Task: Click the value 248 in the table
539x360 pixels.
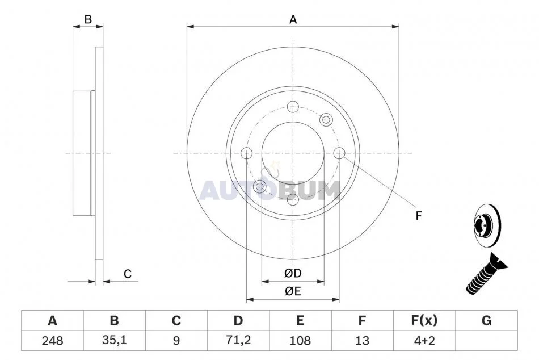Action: pos(52,341)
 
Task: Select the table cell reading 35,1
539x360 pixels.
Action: pos(115,340)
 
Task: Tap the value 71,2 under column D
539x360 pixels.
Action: pos(238,340)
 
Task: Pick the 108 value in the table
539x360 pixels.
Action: pos(300,341)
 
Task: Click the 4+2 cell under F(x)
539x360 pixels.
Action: pos(424,341)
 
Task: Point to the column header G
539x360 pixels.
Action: pos(486,320)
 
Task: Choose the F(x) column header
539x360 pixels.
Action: pos(424,320)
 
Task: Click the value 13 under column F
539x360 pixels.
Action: pos(362,341)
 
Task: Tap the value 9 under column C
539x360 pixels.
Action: pos(176,341)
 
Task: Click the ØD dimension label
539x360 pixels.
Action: pos(293,273)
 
